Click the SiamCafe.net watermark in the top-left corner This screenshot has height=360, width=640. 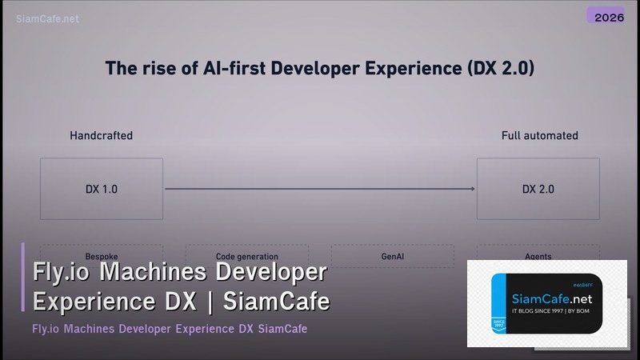47,18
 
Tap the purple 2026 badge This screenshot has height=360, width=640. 605,15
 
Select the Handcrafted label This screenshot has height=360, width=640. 101,135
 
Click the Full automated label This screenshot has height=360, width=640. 539,135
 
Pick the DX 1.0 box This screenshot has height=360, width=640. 102,189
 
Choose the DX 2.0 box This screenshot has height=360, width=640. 538,189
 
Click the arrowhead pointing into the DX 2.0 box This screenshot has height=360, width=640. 474,189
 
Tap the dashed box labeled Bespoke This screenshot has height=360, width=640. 102,255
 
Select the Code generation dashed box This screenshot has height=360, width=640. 246,255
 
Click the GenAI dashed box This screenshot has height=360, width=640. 392,255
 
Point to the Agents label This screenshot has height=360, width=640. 538,256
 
